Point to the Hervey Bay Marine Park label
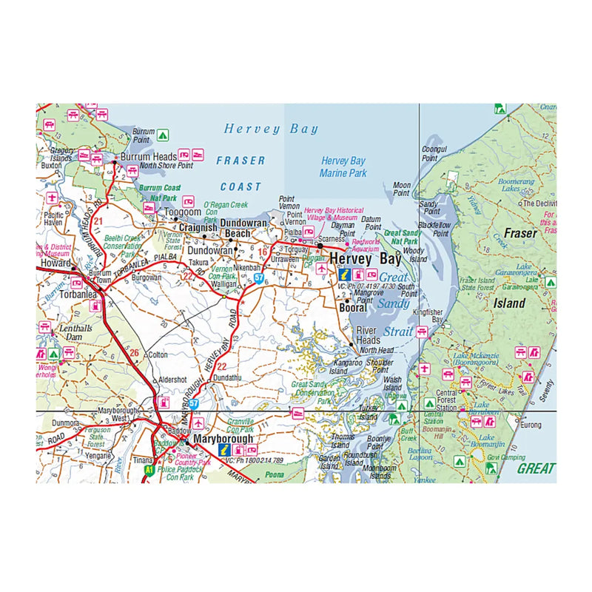click(x=343, y=167)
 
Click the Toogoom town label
click(x=182, y=212)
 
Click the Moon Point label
click(x=401, y=189)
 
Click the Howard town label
click(x=56, y=263)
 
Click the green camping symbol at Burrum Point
click(x=162, y=135)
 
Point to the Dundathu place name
click(x=227, y=377)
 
